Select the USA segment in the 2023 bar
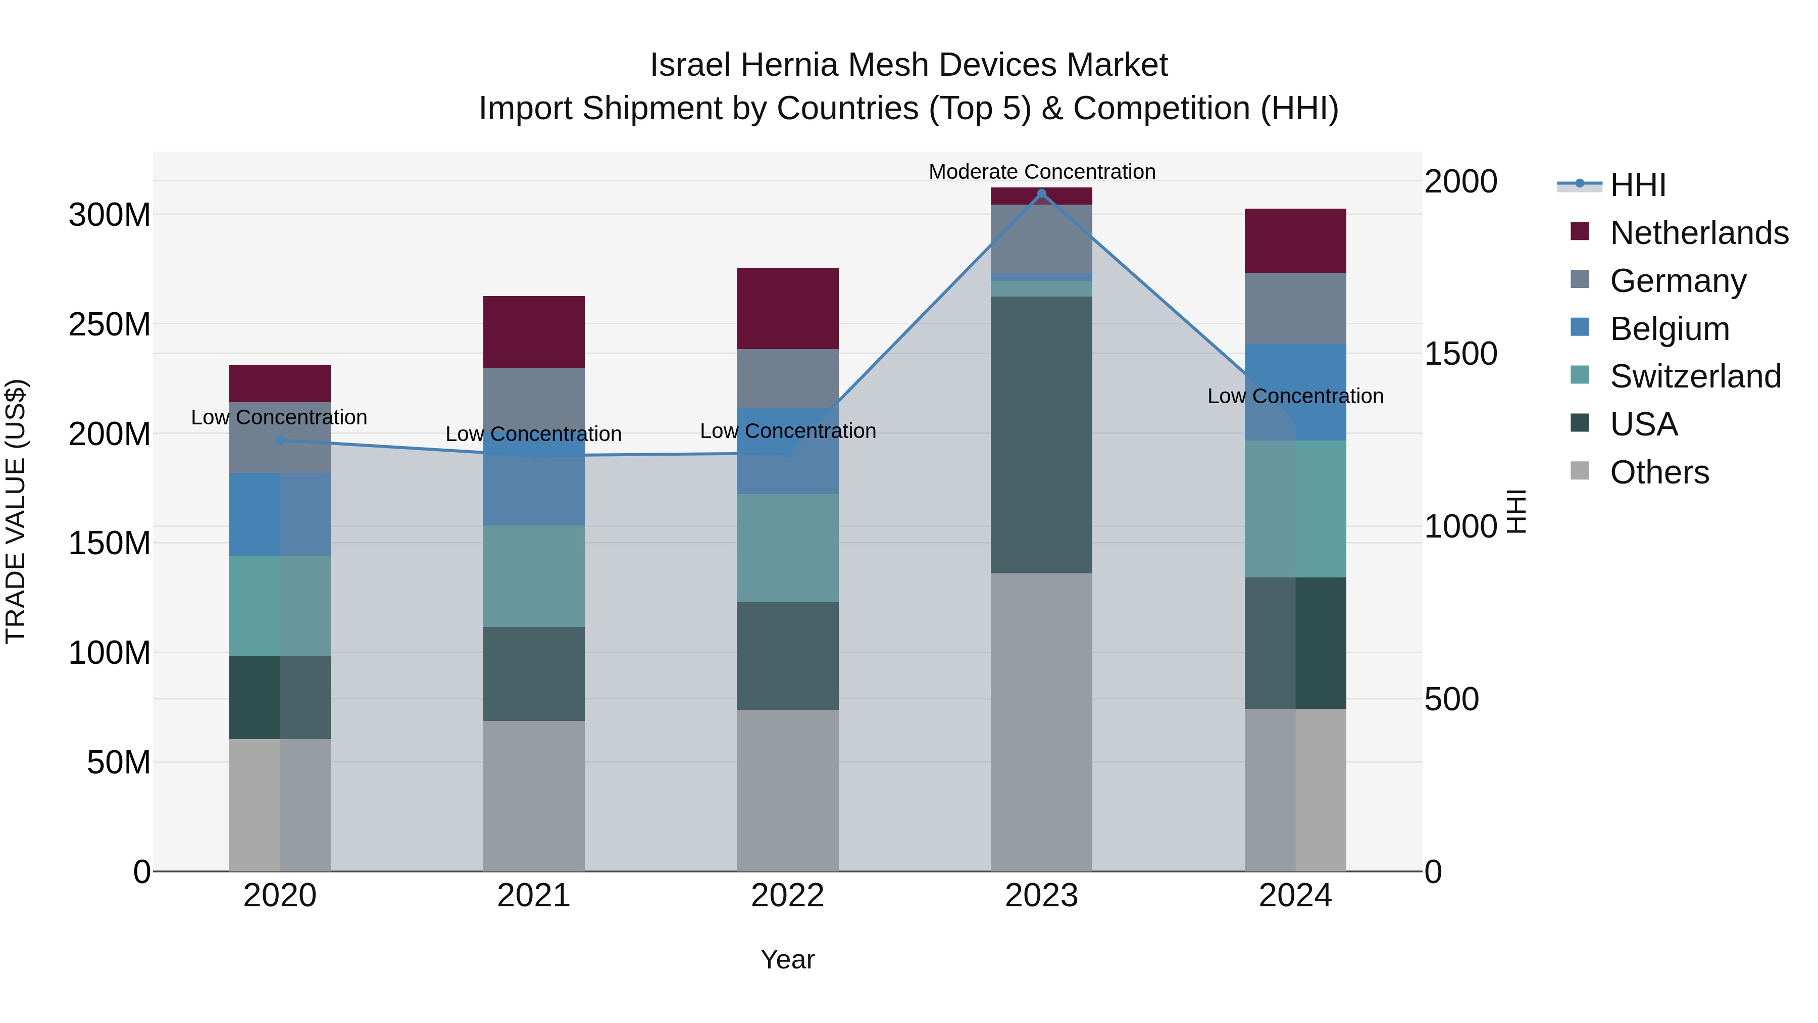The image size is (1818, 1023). tap(1041, 434)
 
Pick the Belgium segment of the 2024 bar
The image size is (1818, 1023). tap(1295, 392)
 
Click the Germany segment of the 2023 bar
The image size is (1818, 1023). tap(1041, 238)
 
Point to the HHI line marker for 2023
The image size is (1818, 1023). tap(1041, 193)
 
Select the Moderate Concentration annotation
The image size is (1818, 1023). tap(1042, 172)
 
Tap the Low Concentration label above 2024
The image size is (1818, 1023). tap(1295, 396)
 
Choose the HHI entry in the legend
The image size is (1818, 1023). tap(1637, 185)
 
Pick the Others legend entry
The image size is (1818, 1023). tap(1658, 472)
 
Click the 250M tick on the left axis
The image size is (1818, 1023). tap(110, 325)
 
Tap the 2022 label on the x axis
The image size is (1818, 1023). tap(788, 896)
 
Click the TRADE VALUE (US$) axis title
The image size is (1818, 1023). tap(16, 511)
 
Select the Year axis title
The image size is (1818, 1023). tap(788, 959)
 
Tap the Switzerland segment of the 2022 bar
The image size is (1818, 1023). tap(788, 547)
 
